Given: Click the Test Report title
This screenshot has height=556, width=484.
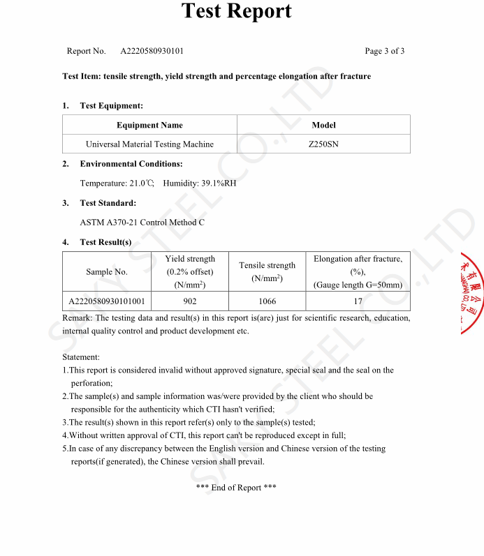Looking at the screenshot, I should (x=236, y=11).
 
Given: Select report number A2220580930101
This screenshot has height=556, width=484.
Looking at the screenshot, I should (x=152, y=51).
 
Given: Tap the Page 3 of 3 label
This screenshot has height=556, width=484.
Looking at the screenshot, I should (x=384, y=51).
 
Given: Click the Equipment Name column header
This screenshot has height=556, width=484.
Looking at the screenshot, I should (x=149, y=126).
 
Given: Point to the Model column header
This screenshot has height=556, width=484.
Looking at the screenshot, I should (x=323, y=126).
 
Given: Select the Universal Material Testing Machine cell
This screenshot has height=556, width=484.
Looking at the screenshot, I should (x=149, y=144).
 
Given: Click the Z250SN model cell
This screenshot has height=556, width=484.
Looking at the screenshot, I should (x=323, y=144).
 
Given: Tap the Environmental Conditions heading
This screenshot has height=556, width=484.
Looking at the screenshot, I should (x=131, y=164).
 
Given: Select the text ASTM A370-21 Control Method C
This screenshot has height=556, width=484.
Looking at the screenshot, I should (x=142, y=223).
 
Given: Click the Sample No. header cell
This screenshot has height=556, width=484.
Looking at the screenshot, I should (x=107, y=272).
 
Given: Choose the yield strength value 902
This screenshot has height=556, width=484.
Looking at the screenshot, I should (x=190, y=301).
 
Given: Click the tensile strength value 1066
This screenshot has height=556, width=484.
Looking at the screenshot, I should (x=267, y=301).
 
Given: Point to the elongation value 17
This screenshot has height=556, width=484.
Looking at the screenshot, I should (x=358, y=301).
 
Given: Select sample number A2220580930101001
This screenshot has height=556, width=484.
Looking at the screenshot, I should (x=107, y=301).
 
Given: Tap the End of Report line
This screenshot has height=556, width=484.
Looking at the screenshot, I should (x=236, y=488).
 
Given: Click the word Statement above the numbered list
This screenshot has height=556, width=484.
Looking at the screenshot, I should (x=81, y=357).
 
